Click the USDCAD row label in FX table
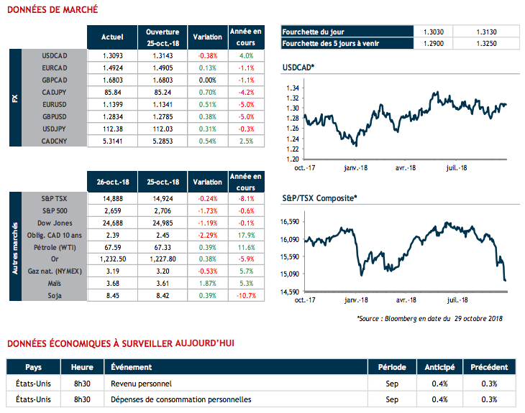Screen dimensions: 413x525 click(x=55, y=55)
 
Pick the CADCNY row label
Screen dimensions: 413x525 click(x=55, y=141)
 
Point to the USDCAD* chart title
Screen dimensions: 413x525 click(x=299, y=67)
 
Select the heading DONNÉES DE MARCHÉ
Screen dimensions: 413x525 click(x=48, y=11)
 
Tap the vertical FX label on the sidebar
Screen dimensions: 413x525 click(x=15, y=98)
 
